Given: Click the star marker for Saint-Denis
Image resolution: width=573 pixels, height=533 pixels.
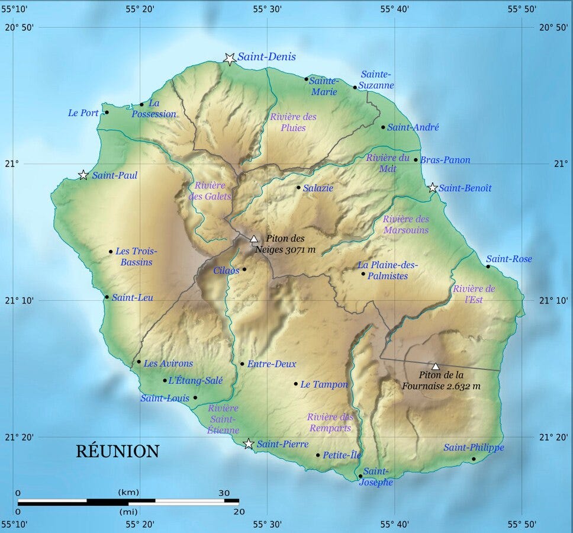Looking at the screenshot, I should pyautogui.click(x=230, y=58).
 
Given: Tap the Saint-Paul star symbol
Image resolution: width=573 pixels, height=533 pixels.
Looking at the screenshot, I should pyautogui.click(x=83, y=175).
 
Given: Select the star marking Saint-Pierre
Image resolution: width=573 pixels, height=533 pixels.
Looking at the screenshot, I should pyautogui.click(x=249, y=444).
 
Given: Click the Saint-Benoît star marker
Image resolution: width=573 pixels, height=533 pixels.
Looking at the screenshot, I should pyautogui.click(x=433, y=188).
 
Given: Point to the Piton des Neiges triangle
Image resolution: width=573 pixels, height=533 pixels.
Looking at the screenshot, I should pyautogui.click(x=254, y=239).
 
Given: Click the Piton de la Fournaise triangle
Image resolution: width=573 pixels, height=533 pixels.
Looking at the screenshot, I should pyautogui.click(x=436, y=366).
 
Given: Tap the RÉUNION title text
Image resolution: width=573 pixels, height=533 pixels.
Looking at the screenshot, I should pyautogui.click(x=117, y=451).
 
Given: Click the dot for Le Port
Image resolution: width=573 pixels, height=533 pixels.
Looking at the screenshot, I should pyautogui.click(x=107, y=112).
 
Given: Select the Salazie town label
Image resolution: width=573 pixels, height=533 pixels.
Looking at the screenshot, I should pyautogui.click(x=318, y=188).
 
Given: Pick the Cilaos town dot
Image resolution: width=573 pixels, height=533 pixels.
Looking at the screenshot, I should pyautogui.click(x=244, y=269).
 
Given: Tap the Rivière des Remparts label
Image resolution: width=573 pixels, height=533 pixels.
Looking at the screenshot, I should pyautogui.click(x=330, y=422).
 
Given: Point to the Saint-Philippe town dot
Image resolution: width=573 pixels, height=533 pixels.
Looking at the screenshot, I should pyautogui.click(x=474, y=459).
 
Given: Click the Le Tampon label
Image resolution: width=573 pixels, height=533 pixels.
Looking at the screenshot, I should pyautogui.click(x=324, y=384).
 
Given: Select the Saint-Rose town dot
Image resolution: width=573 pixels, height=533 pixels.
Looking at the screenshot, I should pyautogui.click(x=488, y=266).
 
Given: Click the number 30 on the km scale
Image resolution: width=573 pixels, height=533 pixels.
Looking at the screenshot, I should pyautogui.click(x=224, y=493).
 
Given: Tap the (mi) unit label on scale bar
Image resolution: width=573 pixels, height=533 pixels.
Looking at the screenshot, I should pyautogui.click(x=128, y=511).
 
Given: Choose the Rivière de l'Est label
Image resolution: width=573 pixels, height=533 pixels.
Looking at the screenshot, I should pyautogui.click(x=474, y=294).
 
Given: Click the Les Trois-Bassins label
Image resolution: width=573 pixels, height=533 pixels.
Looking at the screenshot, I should pyautogui.click(x=134, y=256).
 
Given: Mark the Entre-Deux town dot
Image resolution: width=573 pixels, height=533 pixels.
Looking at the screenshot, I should pyautogui.click(x=242, y=364).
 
